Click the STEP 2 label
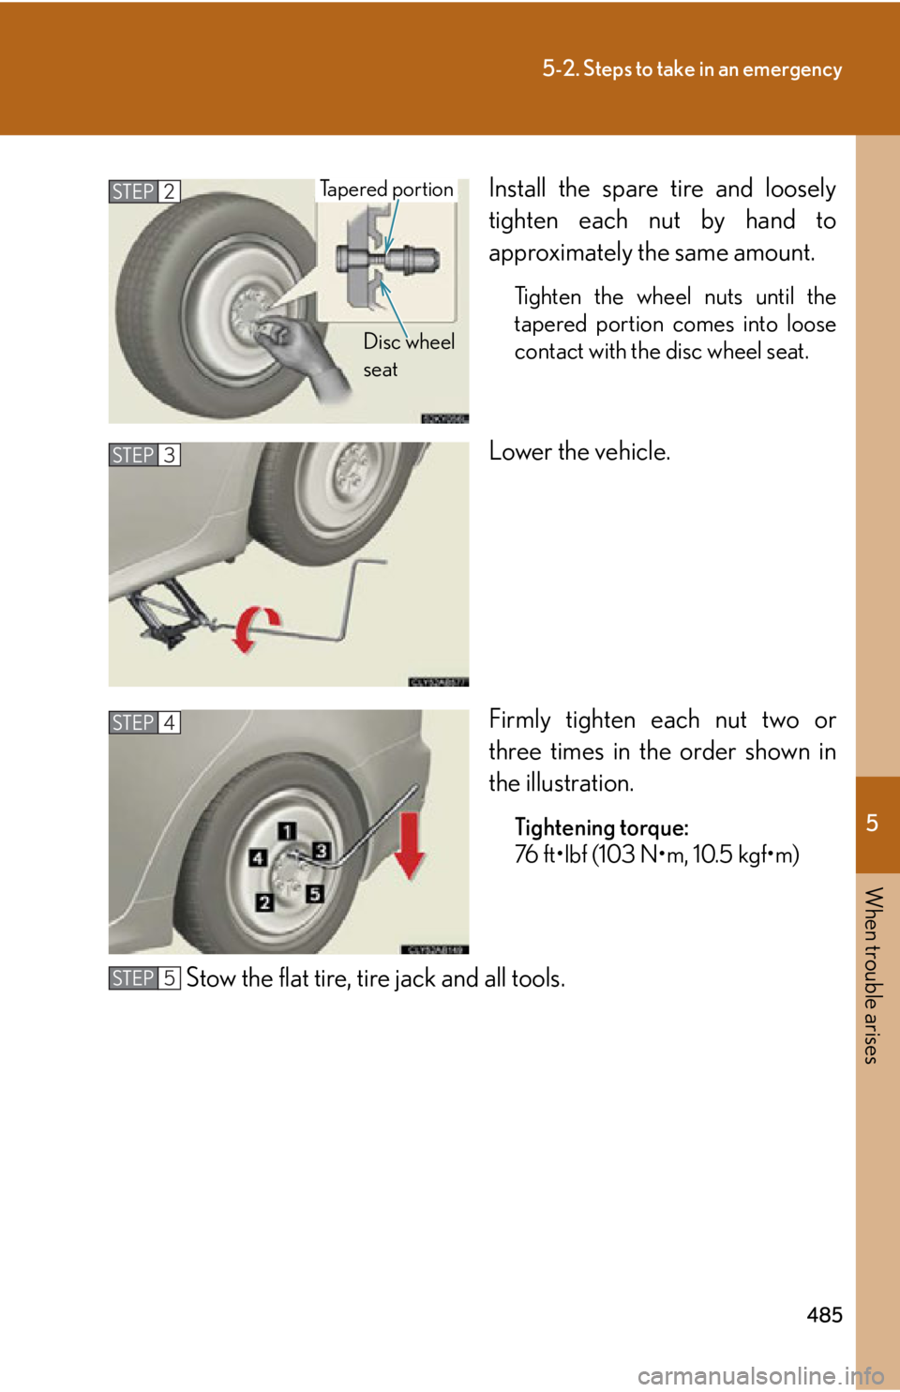pyautogui.click(x=143, y=191)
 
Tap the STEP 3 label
pyautogui.click(x=143, y=455)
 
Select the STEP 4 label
pyautogui.click(x=143, y=722)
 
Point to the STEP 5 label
pyautogui.click(x=143, y=977)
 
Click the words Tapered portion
pyautogui.click(x=386, y=189)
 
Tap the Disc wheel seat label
pyautogui.click(x=408, y=355)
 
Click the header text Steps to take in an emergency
pyautogui.click(x=692, y=69)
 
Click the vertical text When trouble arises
pyautogui.click(x=872, y=975)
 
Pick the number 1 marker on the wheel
pyautogui.click(x=287, y=831)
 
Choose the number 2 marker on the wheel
pyautogui.click(x=265, y=902)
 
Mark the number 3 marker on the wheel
pyautogui.click(x=321, y=851)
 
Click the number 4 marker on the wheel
pyautogui.click(x=258, y=857)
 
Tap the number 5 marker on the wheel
pyautogui.click(x=315, y=894)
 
